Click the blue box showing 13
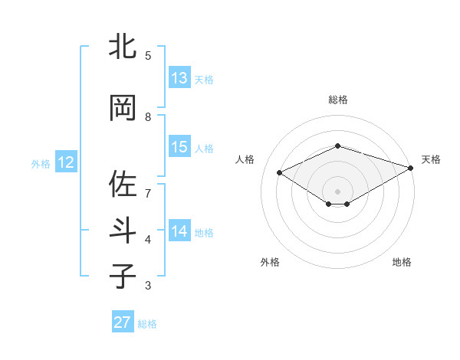point(179,78)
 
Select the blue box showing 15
point(179,147)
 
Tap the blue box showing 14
point(179,231)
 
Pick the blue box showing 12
point(65,162)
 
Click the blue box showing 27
point(122,322)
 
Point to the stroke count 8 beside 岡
point(159,117)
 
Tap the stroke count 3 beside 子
point(159,286)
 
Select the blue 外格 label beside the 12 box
point(40,163)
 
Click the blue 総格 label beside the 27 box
point(147,323)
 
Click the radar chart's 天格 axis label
point(431,159)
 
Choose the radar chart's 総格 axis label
point(337,100)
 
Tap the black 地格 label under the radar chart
point(402,262)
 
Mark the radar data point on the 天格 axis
point(411,168)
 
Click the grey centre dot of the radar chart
point(337,191)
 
